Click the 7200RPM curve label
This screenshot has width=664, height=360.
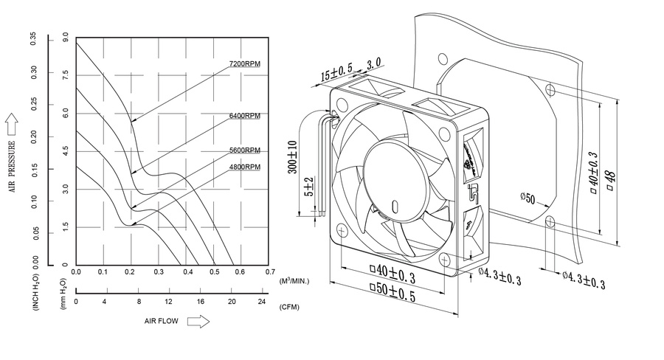coord(245,64)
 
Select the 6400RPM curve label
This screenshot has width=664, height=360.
coord(245,116)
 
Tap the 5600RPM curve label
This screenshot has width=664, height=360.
coord(245,150)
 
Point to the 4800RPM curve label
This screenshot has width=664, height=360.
coord(245,167)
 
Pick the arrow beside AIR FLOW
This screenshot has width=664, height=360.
coord(198,322)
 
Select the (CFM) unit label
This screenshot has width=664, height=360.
coord(289,305)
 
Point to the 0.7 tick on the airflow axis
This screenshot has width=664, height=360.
coord(270,272)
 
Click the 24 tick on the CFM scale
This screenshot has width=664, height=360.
coord(262,302)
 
